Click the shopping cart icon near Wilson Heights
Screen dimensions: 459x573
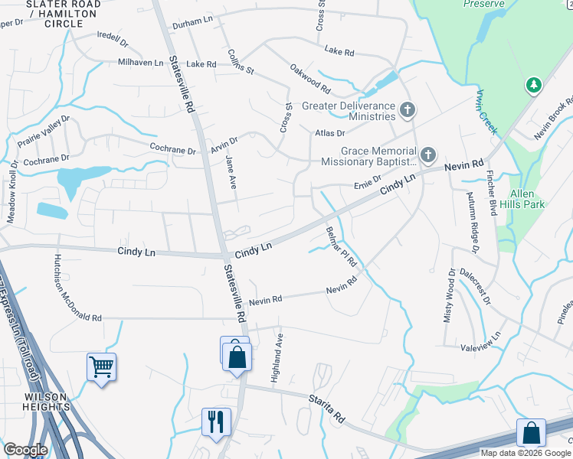coord(101,368)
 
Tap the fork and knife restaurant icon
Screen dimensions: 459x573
coord(216,421)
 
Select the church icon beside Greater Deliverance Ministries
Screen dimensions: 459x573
coord(408,111)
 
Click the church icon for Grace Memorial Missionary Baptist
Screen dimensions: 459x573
coord(427,156)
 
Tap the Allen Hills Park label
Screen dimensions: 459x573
coord(522,200)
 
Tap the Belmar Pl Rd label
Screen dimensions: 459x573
coord(341,246)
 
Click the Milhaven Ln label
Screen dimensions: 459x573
coord(141,63)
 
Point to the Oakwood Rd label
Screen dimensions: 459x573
coord(309,77)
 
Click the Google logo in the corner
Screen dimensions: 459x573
coord(26,450)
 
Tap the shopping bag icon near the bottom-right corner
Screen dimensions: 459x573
coord(531,433)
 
